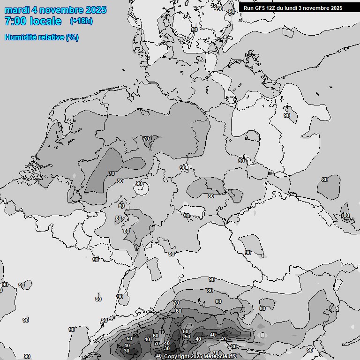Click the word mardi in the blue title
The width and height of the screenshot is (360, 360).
(17, 10)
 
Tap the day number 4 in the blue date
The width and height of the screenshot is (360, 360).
(36, 10)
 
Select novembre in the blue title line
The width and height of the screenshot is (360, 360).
(60, 10)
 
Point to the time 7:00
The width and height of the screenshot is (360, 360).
(15, 21)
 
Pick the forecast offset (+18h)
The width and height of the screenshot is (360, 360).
(81, 21)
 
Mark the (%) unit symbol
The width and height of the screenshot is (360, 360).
(72, 37)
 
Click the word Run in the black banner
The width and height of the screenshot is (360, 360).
(248, 8)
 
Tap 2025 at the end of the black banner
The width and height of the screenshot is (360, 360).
(336, 8)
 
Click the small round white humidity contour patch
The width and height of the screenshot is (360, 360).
(141, 189)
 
